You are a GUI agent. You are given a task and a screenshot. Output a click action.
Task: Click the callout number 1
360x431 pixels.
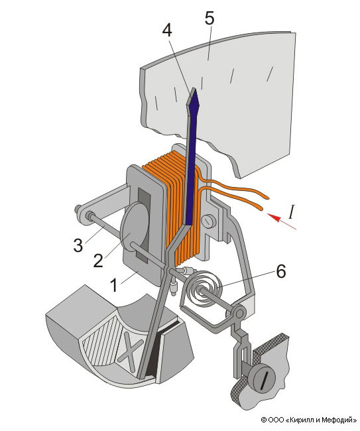click(x=114, y=285)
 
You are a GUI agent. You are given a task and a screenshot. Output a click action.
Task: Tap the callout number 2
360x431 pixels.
click(x=98, y=261)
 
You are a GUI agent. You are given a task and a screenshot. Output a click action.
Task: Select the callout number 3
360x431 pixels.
click(x=78, y=245)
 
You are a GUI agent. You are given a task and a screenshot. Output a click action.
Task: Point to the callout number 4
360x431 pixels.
click(x=167, y=31)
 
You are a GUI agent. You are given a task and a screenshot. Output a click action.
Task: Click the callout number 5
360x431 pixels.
click(x=210, y=19)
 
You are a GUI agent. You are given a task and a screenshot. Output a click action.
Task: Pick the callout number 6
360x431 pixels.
click(x=280, y=272)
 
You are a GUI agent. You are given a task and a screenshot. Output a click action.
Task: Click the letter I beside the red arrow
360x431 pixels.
click(x=291, y=212)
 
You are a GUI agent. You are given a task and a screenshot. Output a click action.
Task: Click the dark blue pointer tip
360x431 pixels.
click(x=194, y=90)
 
